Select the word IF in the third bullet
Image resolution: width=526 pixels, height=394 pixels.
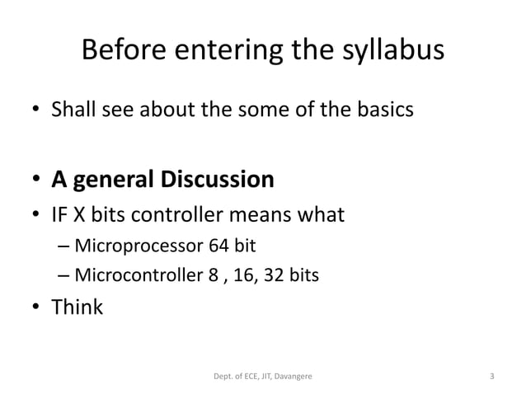tap(60, 216)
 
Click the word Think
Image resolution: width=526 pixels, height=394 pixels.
tap(77, 307)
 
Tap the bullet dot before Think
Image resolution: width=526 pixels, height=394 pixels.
tap(37, 308)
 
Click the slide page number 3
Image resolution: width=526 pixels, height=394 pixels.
tap(491, 378)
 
